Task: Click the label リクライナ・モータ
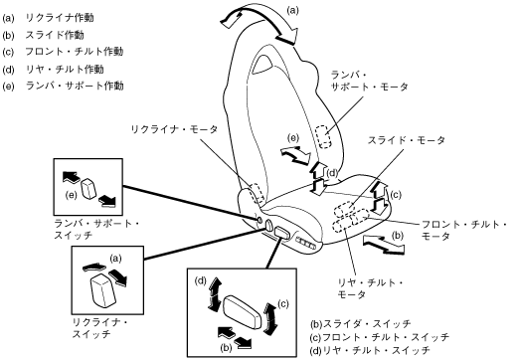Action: pos(175,129)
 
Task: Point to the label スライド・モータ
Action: pos(407,140)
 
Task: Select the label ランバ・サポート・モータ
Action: pos(370,81)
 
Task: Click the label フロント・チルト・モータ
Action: pos(464,230)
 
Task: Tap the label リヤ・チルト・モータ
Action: pos(371,288)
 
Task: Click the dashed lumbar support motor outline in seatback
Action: pos(323,136)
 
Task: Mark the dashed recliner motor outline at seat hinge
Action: pos(258,193)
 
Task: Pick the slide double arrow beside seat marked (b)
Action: pos(384,244)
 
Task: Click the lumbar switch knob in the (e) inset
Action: pos(88,188)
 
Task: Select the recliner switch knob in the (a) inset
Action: pos(103,290)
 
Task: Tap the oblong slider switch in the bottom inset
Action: pos(244,312)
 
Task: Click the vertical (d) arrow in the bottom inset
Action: pos(214,295)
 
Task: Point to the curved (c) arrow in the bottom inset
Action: pos(270,317)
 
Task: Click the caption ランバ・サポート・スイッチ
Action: pos(96,229)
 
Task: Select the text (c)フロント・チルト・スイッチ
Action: pos(380,337)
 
